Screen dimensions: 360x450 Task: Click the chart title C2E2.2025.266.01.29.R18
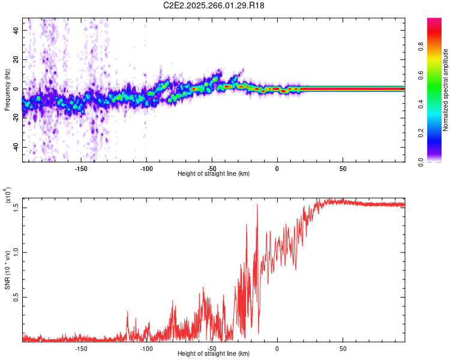[x=214, y=5]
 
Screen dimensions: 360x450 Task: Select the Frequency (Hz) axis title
[x=7, y=89]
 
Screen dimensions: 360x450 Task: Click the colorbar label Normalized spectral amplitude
[x=446, y=90]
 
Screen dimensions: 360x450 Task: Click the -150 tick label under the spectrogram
[x=81, y=167]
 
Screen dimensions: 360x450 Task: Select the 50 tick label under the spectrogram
[x=342, y=167]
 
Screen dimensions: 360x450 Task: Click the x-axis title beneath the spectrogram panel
[x=214, y=173]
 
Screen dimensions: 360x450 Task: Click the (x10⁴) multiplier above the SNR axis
[x=7, y=197]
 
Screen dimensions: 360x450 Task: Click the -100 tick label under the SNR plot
[x=146, y=349]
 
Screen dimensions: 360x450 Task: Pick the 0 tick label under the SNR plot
[x=277, y=349]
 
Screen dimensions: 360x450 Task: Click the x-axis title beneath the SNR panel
[x=214, y=355]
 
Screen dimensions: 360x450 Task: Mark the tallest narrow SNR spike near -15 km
[x=257, y=205]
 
